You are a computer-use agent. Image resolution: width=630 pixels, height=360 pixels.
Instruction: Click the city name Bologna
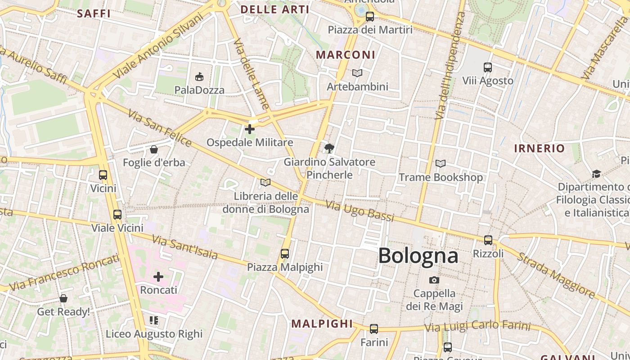pos(418,256)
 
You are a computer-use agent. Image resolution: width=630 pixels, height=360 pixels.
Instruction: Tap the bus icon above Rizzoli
pos(488,240)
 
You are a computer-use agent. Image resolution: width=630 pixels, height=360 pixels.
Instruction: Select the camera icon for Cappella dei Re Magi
pos(434,280)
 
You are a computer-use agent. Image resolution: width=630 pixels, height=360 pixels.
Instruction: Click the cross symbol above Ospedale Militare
pos(250,129)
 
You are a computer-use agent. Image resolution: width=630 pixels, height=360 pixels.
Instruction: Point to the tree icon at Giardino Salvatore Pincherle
pos(329,148)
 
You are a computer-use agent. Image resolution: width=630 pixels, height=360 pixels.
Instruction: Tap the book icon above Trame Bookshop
pos(441,164)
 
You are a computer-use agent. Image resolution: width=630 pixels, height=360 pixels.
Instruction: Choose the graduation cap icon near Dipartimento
pos(596,174)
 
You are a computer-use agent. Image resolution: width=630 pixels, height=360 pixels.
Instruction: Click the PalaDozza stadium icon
pos(199,76)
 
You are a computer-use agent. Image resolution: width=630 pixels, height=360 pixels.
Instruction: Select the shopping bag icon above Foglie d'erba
pos(154,149)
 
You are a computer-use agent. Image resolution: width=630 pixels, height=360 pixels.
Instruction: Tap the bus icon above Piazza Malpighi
pos(285,254)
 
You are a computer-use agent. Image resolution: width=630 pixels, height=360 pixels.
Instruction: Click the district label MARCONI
pos(345,55)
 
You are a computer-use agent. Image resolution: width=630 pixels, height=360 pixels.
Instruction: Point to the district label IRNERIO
pos(539,148)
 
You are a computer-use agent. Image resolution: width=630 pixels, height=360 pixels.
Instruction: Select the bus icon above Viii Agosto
pos(488,67)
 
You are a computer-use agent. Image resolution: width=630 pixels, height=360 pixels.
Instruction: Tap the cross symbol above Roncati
pos(158,276)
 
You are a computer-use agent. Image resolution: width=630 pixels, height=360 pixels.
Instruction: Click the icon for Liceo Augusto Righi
pos(154,320)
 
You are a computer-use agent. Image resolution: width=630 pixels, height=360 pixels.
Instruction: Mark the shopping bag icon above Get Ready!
pos(63,298)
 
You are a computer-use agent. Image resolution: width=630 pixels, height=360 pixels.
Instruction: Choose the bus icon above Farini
pos(374,329)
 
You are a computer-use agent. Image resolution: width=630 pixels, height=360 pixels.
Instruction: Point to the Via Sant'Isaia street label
pos(184,247)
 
